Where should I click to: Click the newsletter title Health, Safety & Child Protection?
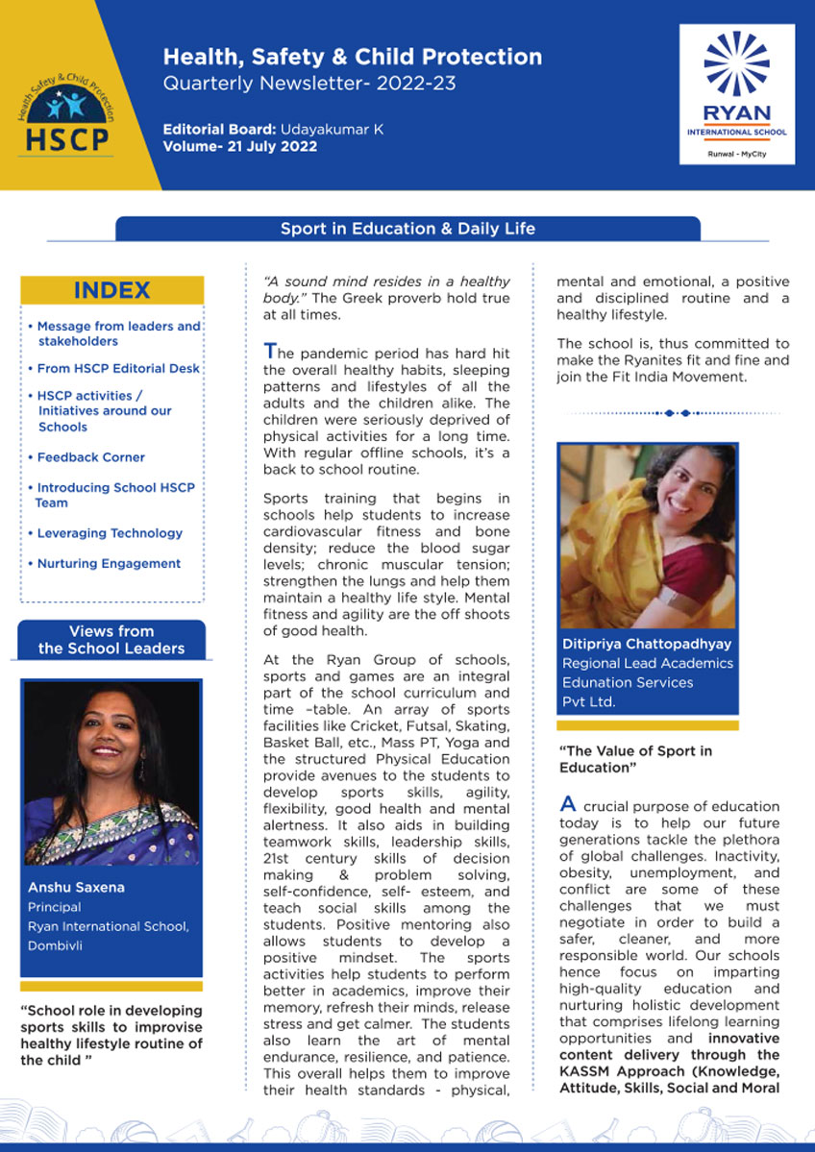(x=352, y=57)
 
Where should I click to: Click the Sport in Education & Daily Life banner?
(x=407, y=229)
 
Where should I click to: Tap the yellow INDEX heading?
(x=111, y=290)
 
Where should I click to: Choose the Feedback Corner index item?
(x=90, y=457)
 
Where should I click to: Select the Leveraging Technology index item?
(x=109, y=533)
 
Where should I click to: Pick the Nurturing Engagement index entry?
(x=108, y=564)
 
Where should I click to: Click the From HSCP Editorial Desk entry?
(x=118, y=369)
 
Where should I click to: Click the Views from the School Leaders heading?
(x=111, y=640)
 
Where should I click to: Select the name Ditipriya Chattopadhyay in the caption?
(x=645, y=644)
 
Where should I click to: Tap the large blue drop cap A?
(x=568, y=805)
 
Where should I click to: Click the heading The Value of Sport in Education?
(x=635, y=759)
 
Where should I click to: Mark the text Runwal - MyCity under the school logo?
(x=736, y=154)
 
